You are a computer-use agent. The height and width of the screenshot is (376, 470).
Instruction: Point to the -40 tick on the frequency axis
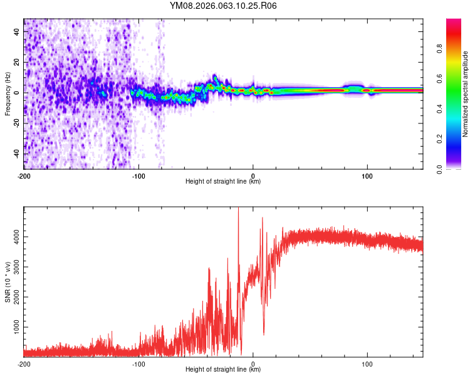(x=16, y=154)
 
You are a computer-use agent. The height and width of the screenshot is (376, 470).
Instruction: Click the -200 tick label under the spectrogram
(x=24, y=175)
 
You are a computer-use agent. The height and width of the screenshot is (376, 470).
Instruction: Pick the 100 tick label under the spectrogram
(x=368, y=175)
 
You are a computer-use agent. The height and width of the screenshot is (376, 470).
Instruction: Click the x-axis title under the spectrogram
(x=223, y=182)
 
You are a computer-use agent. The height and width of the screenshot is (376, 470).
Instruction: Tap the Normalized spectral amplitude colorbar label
(x=465, y=94)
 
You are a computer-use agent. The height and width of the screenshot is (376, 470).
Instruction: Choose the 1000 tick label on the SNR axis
(x=15, y=327)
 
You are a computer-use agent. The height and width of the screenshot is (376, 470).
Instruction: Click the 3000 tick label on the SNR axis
(x=15, y=267)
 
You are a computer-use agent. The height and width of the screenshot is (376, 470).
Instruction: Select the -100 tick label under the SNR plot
(x=138, y=363)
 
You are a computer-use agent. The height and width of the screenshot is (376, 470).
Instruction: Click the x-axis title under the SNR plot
(x=223, y=370)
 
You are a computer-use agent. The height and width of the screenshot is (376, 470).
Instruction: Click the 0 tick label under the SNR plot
(x=253, y=363)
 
